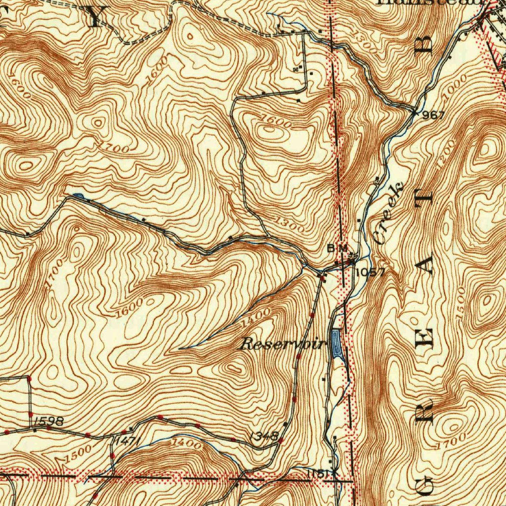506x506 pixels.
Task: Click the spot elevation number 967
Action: click(435, 115)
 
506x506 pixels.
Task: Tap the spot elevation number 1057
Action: click(370, 272)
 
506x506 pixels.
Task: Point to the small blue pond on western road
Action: click(81, 197)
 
